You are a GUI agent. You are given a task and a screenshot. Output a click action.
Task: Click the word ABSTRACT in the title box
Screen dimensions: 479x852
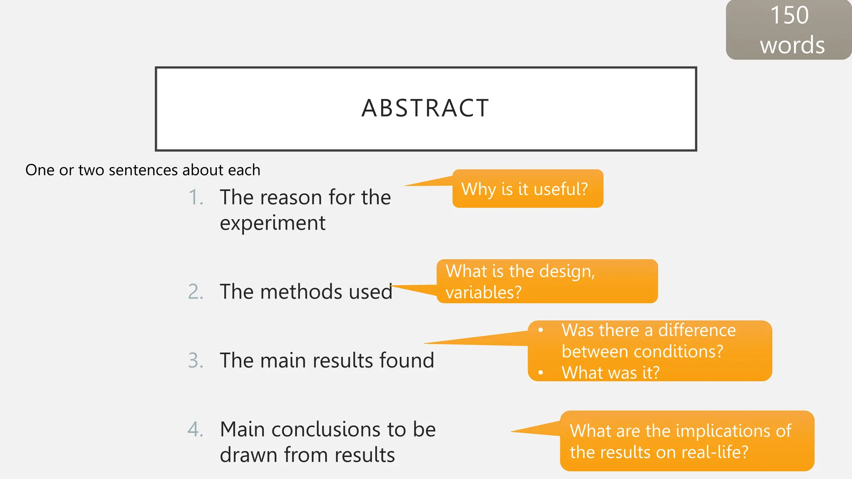pos(425,109)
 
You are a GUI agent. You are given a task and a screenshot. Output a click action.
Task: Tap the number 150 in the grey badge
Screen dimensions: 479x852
pos(789,15)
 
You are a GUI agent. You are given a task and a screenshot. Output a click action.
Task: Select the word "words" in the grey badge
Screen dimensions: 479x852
pos(792,45)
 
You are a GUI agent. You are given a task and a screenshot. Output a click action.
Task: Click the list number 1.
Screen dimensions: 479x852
pos(196,198)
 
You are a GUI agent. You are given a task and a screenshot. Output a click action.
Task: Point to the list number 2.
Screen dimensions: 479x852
pos(196,292)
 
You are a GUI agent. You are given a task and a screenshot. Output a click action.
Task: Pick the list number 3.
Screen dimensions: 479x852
pos(196,360)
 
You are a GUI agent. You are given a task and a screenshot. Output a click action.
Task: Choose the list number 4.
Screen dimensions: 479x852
pos(196,430)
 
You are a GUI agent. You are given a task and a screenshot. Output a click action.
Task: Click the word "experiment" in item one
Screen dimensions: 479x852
pos(272,224)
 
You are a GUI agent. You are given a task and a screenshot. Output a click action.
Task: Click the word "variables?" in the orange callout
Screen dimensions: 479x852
pos(483,293)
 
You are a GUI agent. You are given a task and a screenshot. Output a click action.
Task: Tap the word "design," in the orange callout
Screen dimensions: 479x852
pos(567,272)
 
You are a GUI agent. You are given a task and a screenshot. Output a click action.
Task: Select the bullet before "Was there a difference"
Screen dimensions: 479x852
pos(540,331)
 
